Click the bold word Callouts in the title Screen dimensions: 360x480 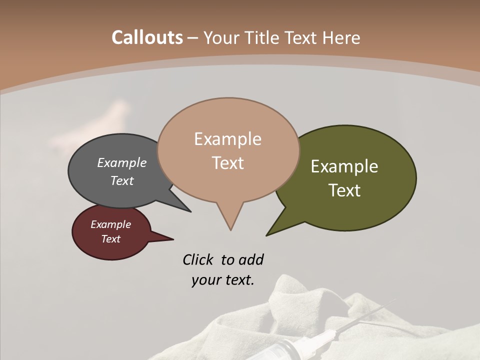(147, 37)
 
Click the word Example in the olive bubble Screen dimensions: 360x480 (344, 166)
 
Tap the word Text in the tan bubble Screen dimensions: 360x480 (228, 163)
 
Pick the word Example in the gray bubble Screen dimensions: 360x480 (122, 162)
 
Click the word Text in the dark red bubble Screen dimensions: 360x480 (111, 239)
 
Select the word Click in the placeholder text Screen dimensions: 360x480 (198, 259)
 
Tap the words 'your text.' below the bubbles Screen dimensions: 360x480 (223, 280)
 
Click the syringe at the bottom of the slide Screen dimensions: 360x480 (320, 340)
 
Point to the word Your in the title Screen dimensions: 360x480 (221, 37)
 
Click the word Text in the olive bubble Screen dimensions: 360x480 (345, 190)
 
